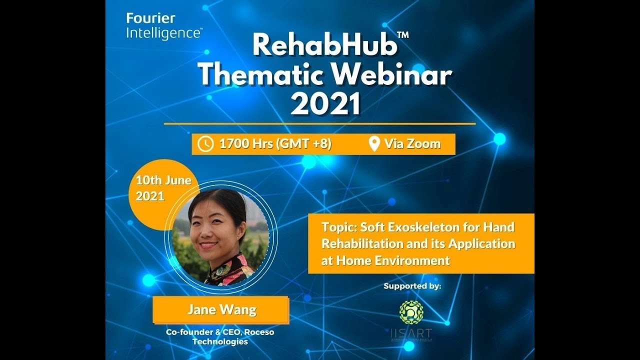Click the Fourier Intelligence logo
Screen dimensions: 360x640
tap(163, 26)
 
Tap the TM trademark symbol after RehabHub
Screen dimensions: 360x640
tap(403, 35)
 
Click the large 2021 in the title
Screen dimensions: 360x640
tap(325, 104)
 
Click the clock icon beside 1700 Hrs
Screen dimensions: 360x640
tap(205, 144)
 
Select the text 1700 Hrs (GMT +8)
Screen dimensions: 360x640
tap(275, 144)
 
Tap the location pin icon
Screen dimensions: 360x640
tap(373, 144)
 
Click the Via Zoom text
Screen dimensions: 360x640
tap(412, 144)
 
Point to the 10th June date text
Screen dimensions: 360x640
tap(163, 180)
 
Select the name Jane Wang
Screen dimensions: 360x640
tap(221, 309)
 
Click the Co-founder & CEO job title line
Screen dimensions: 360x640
tap(220, 332)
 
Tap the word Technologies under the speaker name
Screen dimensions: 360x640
tap(220, 341)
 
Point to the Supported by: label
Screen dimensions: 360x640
tap(412, 286)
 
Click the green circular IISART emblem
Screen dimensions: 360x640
tap(411, 312)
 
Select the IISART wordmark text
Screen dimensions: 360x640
tap(411, 332)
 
